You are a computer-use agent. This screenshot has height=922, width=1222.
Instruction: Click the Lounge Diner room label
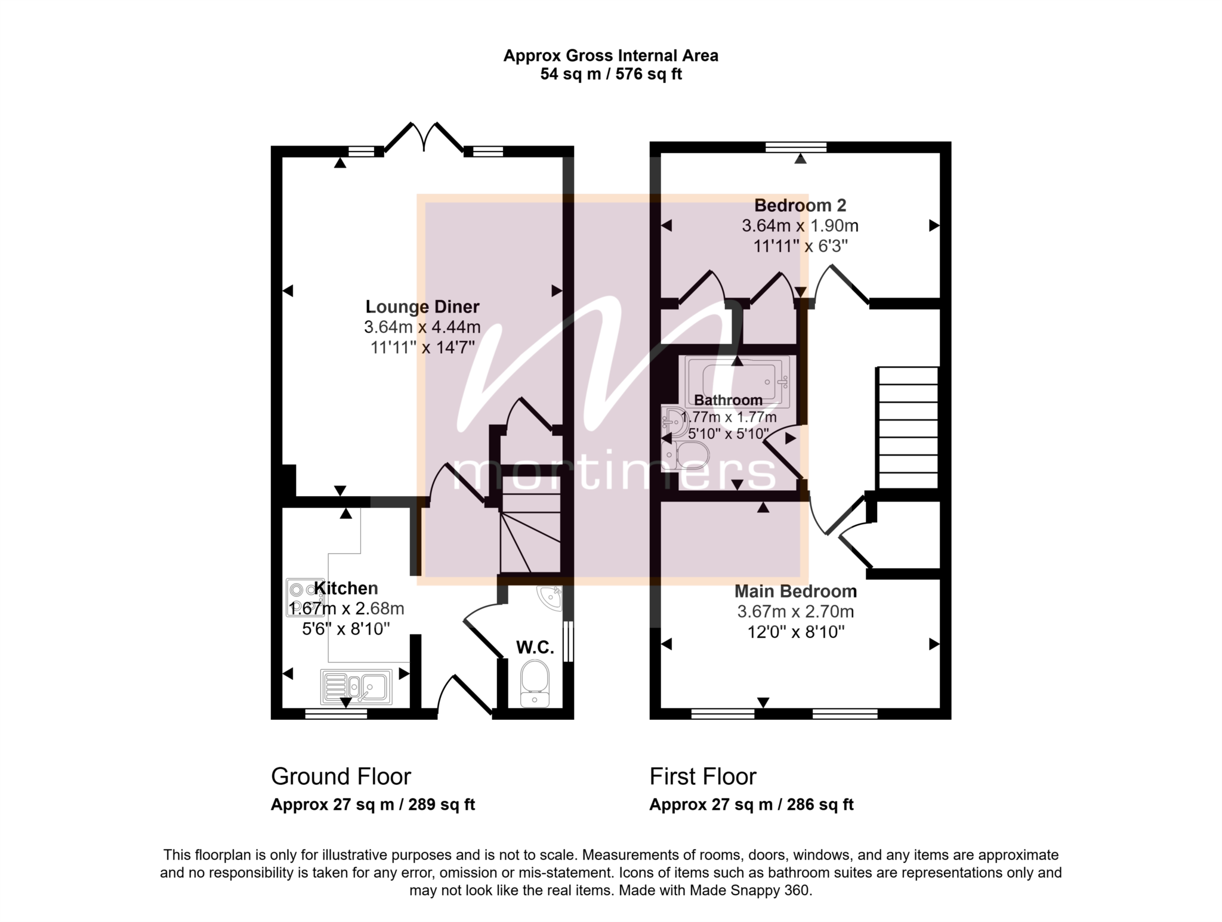point(422,307)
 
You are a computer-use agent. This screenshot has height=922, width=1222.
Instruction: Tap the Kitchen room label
point(346,588)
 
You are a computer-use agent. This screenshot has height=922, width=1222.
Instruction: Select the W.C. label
point(535,647)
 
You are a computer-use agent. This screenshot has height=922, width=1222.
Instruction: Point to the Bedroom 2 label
point(800,205)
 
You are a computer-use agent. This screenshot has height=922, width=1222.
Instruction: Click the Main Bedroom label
point(795,591)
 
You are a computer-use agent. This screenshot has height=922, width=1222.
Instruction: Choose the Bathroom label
point(728,400)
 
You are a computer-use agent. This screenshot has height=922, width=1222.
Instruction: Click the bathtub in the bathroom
point(737,382)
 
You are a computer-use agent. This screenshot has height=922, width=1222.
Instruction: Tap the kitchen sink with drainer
point(357,686)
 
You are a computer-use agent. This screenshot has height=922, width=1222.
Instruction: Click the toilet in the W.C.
point(535,683)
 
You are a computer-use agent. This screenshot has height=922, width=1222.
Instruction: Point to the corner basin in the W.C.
point(550,598)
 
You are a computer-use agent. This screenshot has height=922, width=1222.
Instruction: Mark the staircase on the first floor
point(907,428)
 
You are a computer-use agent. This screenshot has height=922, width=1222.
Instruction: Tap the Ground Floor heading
point(341,776)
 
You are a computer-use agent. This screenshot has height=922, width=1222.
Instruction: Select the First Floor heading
point(703,776)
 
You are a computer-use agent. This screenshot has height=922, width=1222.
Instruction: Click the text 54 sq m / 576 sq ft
point(611,74)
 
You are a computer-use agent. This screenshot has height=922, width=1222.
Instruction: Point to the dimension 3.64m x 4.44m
point(422,327)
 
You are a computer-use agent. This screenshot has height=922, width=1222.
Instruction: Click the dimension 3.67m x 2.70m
point(795,611)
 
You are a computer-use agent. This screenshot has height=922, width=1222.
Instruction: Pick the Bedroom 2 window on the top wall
point(796,147)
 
